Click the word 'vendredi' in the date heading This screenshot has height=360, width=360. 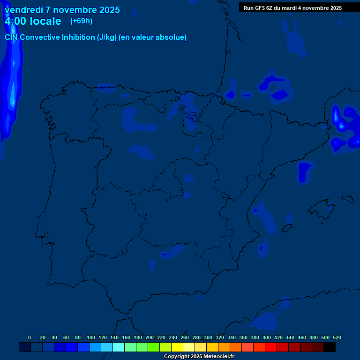(24, 10)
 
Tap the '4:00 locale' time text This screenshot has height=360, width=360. (33, 21)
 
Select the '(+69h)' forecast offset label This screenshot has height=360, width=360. (81, 21)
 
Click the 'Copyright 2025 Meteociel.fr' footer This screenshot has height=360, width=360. (199, 357)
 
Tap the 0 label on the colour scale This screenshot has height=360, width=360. (30, 337)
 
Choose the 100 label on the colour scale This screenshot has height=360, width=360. (91, 337)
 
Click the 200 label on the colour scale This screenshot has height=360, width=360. (150, 337)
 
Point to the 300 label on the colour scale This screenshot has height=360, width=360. (208, 337)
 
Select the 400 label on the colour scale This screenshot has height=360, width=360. (267, 337)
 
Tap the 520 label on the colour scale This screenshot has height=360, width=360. (337, 337)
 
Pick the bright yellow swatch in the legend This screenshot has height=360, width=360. (177, 347)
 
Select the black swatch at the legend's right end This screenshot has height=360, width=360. (330, 347)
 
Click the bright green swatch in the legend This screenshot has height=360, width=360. (154, 347)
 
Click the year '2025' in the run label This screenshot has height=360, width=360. (334, 8)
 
